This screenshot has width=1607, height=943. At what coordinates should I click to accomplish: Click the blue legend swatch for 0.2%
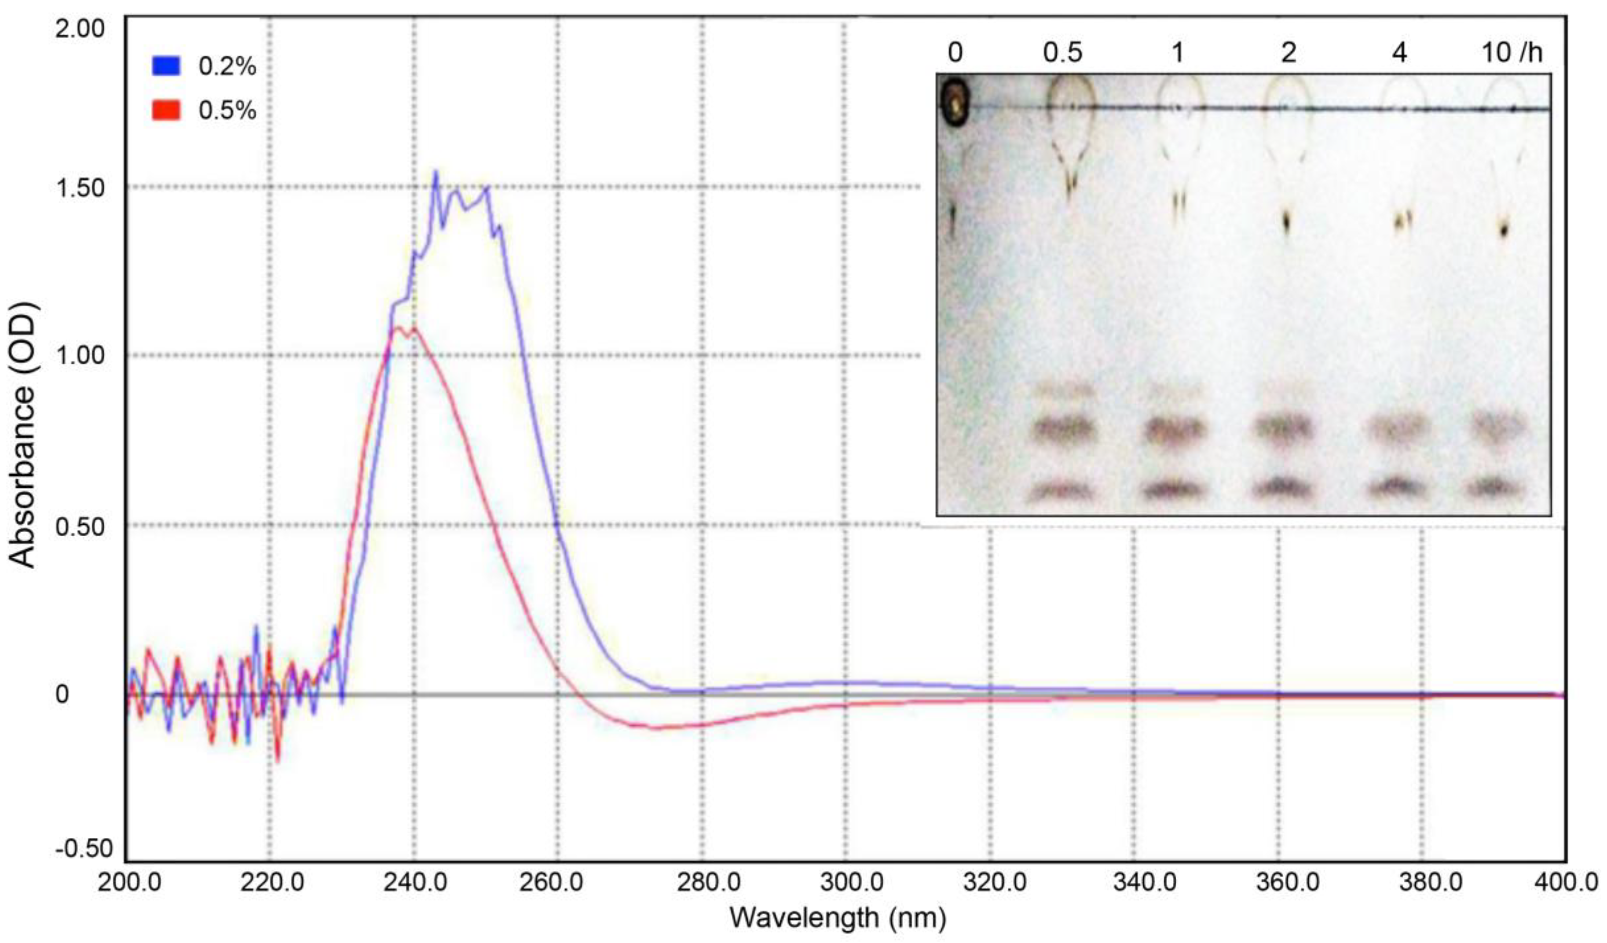166,66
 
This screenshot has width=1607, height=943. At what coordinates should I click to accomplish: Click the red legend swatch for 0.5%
166,111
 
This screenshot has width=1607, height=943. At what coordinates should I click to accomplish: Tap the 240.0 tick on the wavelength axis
414,884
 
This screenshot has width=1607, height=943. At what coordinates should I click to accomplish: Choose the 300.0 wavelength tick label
846,884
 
